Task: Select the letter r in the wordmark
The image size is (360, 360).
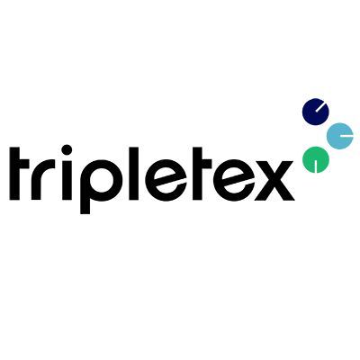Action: point(43,180)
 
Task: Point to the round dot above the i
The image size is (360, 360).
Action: point(67,150)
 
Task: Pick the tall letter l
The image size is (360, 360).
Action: point(133,174)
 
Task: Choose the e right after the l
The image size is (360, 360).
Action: point(166,180)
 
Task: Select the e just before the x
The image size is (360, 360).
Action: point(234,180)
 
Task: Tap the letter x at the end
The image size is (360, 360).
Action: point(274,180)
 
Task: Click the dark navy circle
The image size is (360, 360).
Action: point(316,112)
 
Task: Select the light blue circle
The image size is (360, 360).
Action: point(340,136)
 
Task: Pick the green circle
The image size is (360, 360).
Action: point(316,159)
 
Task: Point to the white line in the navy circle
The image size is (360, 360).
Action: point(320,107)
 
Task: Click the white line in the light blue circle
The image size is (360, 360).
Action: point(346,136)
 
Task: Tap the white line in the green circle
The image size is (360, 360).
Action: point(316,166)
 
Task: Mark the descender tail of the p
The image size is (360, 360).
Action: point(85,207)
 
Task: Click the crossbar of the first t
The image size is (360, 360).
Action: point(19,165)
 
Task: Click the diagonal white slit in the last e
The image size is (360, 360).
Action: point(237,184)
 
